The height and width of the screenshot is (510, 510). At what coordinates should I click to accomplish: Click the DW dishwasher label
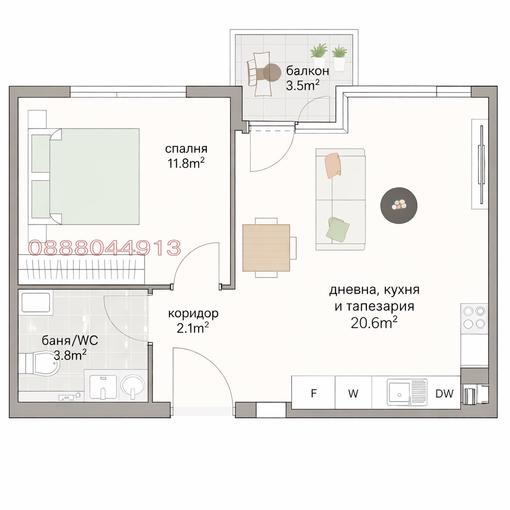(444, 393)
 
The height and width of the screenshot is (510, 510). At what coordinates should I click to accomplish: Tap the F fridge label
(314, 393)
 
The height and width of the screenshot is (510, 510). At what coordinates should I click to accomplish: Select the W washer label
(353, 393)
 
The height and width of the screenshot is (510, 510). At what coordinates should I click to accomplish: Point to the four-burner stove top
(474, 317)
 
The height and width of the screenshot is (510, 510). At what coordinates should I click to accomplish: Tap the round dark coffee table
(398, 205)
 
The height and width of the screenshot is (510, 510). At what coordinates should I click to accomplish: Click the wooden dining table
(266, 248)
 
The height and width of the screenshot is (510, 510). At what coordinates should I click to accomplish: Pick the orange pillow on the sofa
(332, 165)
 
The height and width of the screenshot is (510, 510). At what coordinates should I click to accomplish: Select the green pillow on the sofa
(338, 229)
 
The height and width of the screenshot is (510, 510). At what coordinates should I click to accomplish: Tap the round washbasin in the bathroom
(132, 386)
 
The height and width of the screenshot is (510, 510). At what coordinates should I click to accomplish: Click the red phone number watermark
(105, 248)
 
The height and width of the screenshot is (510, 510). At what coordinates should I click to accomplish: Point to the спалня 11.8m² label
(186, 156)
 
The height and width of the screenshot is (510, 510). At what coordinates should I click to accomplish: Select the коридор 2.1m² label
(193, 320)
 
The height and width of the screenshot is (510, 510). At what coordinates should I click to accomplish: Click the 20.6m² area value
(374, 323)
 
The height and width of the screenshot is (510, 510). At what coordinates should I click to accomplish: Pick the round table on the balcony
(272, 73)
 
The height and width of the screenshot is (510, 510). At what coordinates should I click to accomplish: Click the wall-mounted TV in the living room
(481, 164)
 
